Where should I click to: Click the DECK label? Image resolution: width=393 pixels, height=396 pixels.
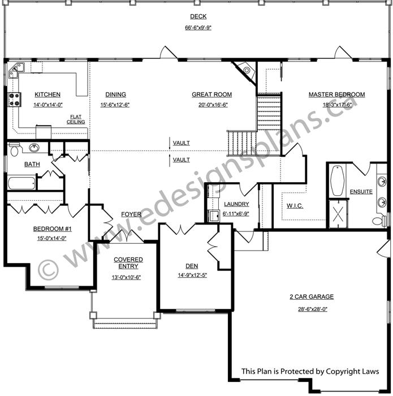198,16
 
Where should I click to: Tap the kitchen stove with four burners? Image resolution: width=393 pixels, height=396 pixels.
14,100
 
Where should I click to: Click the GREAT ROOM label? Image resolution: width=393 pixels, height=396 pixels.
212,94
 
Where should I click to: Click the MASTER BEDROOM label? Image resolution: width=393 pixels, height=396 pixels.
336,94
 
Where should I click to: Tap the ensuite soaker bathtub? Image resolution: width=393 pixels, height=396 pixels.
338,180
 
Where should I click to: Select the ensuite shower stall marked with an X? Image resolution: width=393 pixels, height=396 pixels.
339,214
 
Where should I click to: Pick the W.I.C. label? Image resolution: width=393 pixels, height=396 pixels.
295,206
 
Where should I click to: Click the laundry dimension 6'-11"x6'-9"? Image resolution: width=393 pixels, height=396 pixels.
236,214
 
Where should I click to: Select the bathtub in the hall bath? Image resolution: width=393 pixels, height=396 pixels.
21,183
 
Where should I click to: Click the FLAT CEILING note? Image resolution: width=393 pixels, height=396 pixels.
76,119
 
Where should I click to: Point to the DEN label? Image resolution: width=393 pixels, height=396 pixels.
192,266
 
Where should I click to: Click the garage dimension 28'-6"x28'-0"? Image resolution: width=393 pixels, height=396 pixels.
313,309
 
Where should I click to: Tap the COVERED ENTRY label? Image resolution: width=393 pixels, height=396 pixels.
128,263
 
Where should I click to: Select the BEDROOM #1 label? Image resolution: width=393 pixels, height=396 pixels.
53,229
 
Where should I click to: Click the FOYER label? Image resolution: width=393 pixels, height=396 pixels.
131,214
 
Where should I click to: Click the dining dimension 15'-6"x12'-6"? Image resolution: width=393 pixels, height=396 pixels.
115,105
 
